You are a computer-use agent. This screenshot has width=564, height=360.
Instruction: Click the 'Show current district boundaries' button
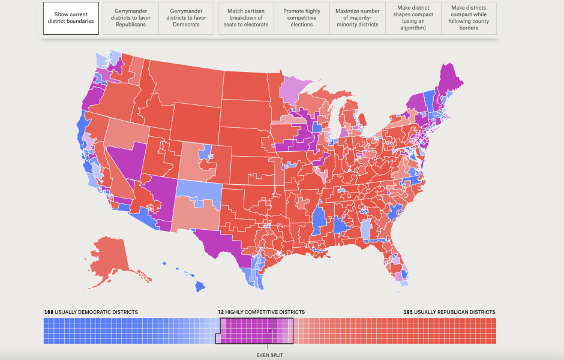(70, 18)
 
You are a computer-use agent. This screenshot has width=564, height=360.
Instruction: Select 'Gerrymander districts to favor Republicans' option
(131, 18)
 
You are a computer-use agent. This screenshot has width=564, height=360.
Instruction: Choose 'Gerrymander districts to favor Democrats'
(186, 18)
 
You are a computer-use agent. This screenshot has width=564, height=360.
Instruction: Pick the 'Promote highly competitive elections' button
(301, 18)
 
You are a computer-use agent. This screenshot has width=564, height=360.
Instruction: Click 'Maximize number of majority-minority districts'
(357, 18)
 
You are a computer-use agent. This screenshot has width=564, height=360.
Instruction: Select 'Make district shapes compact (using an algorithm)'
(412, 18)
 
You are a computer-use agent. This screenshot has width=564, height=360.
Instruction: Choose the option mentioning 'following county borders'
(469, 18)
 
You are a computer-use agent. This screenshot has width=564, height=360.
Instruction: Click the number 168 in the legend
(49, 312)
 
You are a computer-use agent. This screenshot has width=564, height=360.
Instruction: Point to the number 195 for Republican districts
(409, 312)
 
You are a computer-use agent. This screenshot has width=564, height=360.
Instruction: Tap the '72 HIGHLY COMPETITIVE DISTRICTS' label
(261, 312)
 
